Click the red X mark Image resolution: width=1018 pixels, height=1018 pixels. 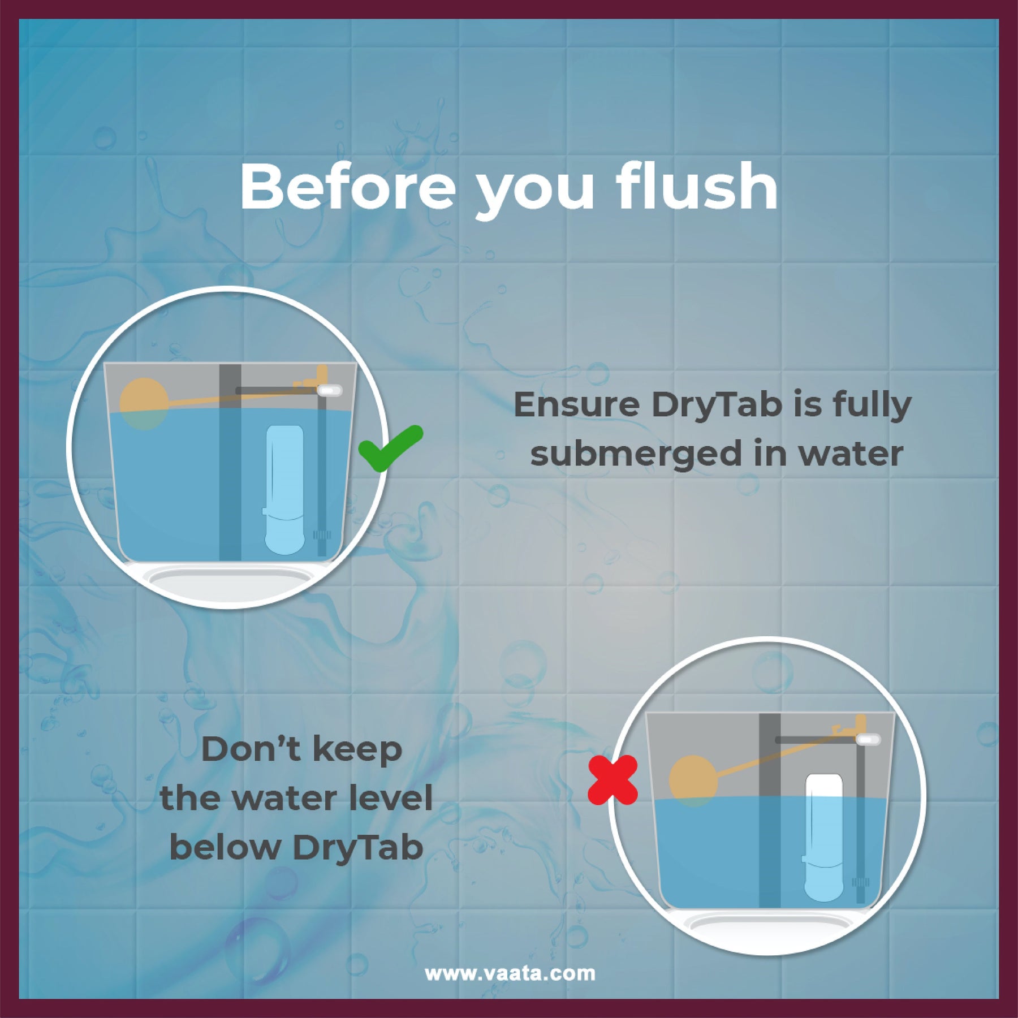[x=613, y=780]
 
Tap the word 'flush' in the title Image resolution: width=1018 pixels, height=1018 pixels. [x=697, y=187]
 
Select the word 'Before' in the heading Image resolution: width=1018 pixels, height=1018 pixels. [x=348, y=187]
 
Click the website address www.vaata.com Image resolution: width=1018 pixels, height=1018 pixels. [x=510, y=974]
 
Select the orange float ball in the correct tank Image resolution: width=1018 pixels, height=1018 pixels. [x=144, y=403]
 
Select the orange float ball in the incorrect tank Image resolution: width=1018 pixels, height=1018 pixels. [x=693, y=782]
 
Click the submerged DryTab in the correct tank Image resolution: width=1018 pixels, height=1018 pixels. [x=284, y=489]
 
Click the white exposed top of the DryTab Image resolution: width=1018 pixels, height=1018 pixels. [x=824, y=786]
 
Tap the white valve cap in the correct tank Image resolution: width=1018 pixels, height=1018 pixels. [x=330, y=390]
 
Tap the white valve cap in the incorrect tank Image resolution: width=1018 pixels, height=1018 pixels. [x=869, y=739]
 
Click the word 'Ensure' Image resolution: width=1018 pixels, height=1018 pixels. [x=576, y=405]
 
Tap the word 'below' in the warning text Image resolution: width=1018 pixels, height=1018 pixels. [x=226, y=848]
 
